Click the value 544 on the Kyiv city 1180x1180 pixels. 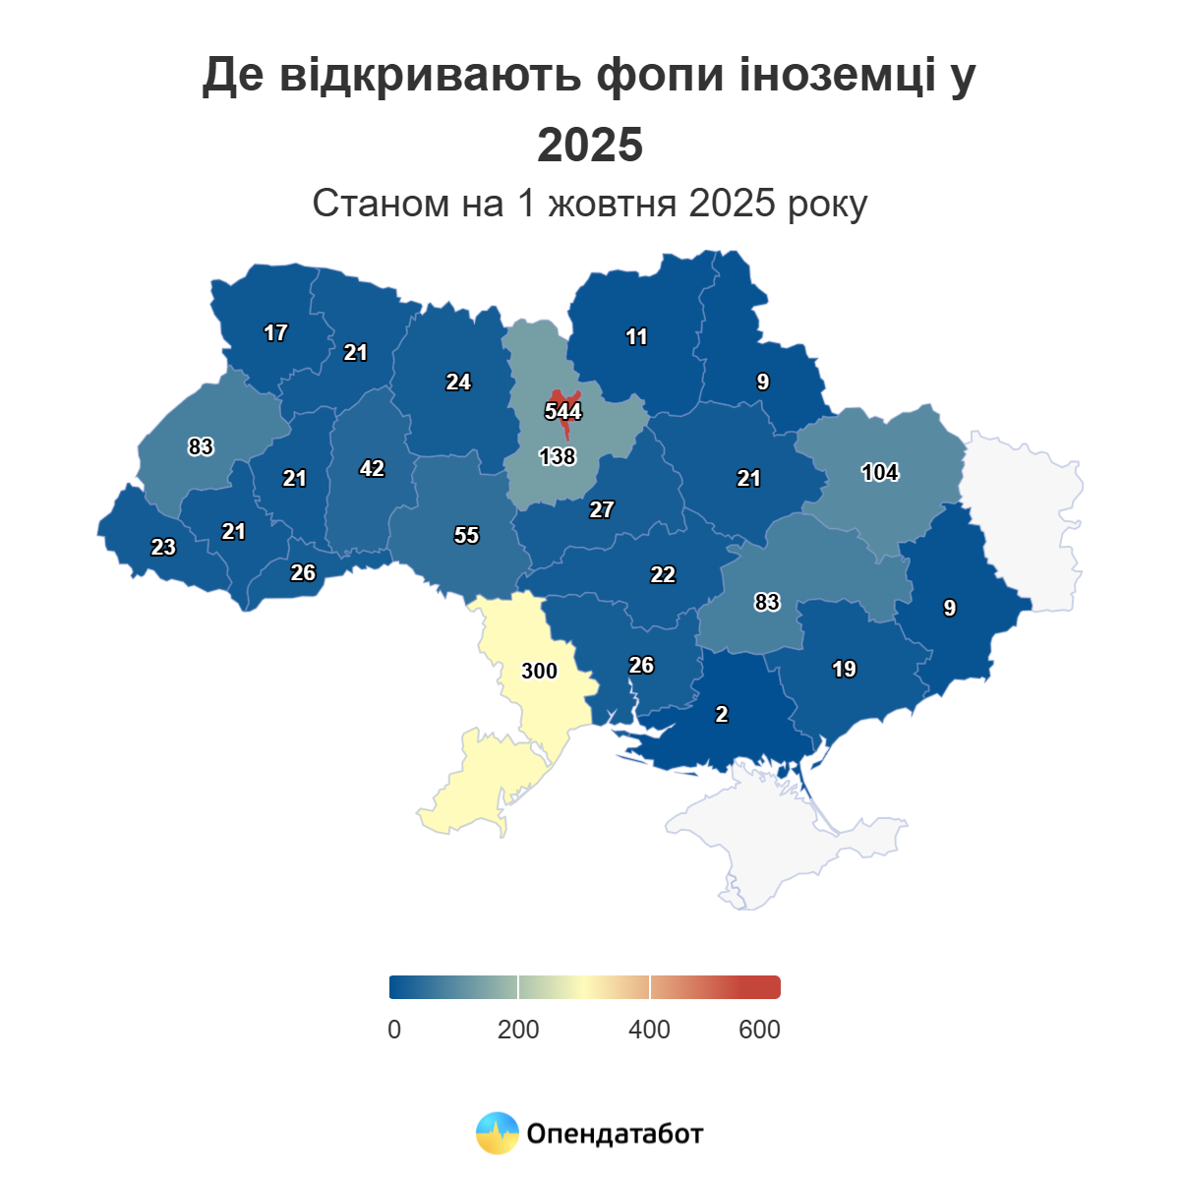[x=563, y=411]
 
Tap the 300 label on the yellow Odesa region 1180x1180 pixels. [x=539, y=671]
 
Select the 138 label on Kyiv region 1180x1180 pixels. [x=558, y=456]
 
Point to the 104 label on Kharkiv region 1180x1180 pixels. [x=880, y=472]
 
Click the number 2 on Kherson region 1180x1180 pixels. [x=722, y=715]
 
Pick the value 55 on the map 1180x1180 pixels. [x=466, y=535]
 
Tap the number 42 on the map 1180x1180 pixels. [x=372, y=469]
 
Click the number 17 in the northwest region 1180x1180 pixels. [x=275, y=333]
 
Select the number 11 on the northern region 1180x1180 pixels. [x=636, y=337]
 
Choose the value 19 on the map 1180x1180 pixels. [x=844, y=670]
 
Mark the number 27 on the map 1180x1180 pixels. [x=602, y=509]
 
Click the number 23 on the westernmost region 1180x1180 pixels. [x=163, y=547]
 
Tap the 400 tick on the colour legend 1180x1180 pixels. [x=649, y=1030]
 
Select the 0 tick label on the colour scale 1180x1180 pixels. [x=394, y=1030]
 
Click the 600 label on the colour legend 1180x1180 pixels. [x=759, y=1030]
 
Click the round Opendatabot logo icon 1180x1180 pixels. [x=497, y=1133]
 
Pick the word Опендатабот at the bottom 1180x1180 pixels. [x=615, y=1134]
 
